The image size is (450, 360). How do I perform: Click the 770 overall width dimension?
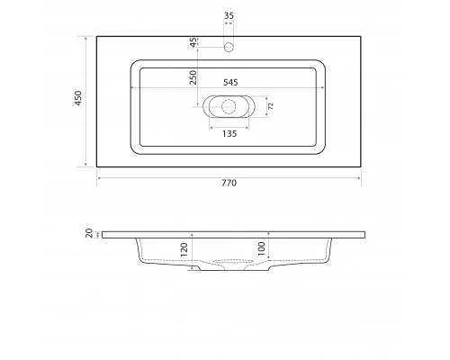point(229,183)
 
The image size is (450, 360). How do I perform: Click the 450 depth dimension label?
point(78,98)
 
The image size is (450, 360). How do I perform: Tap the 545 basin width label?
point(230,82)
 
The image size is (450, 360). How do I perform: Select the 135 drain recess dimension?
point(229,134)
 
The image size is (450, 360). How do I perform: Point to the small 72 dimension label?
point(271,105)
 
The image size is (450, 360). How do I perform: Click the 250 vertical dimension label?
point(193,77)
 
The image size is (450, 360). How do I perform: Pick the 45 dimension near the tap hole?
point(193,42)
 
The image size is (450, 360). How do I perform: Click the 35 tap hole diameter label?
point(229,15)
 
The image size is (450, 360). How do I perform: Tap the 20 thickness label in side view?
point(89,233)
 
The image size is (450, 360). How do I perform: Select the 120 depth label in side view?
point(184,249)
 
